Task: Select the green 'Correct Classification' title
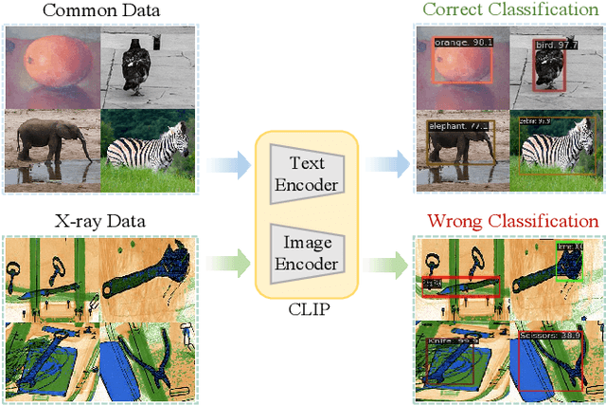[x=510, y=11]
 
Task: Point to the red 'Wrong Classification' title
[x=512, y=221]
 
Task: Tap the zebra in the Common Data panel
[x=147, y=147]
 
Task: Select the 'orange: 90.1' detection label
[x=458, y=44]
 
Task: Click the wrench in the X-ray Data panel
[x=146, y=271]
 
